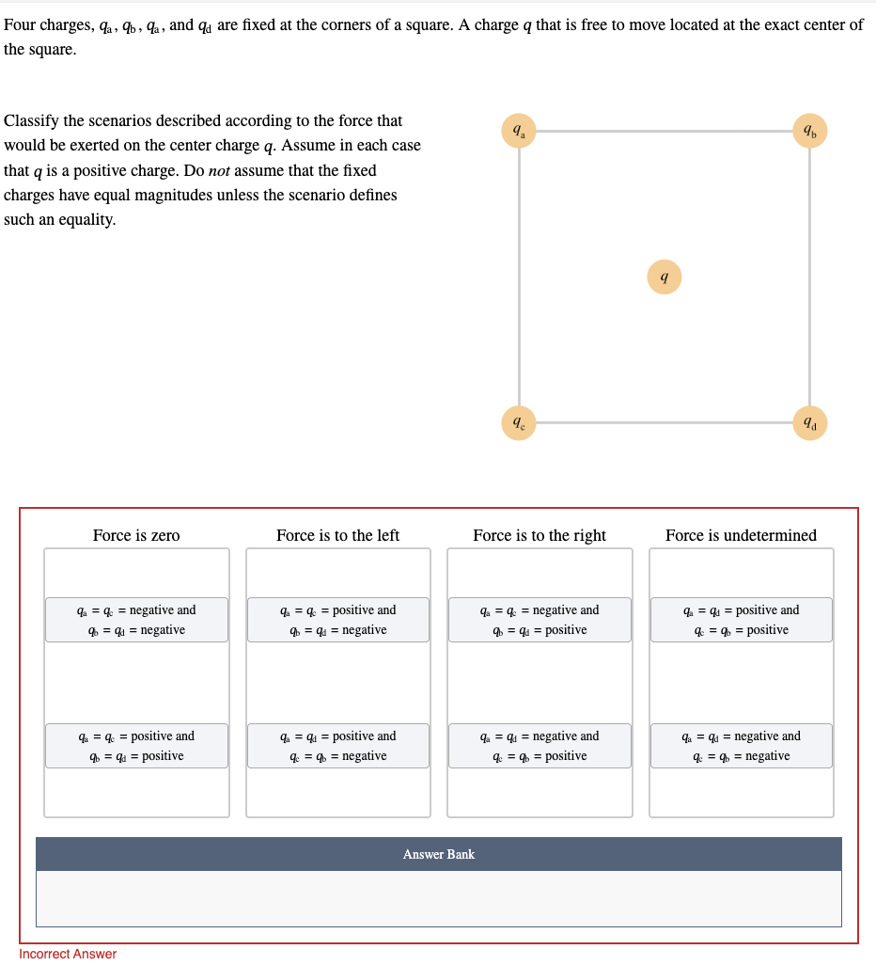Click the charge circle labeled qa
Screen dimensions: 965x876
518,131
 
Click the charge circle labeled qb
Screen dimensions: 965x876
809,131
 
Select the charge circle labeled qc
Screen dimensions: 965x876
518,422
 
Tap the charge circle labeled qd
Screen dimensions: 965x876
809,422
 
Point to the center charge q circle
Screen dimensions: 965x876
664,277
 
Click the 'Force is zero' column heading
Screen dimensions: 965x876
136,535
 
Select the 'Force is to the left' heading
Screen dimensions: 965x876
337,535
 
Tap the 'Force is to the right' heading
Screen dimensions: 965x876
540,535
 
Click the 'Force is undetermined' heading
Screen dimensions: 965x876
741,535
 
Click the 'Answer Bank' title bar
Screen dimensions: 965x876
438,854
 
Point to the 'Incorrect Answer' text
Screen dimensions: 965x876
68,954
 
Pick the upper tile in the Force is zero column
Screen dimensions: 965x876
136,620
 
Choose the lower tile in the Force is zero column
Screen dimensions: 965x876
136,746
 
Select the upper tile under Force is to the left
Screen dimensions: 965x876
338,620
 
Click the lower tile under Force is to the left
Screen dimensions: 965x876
338,746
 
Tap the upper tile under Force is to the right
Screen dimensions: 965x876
540,620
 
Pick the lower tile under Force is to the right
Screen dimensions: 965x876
540,746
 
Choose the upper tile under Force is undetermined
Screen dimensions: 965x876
741,620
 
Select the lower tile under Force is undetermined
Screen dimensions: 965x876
741,746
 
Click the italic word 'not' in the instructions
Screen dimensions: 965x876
220,170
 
